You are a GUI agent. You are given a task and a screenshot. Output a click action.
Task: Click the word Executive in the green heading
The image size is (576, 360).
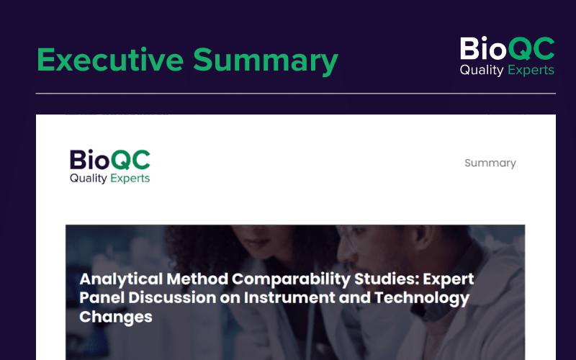coord(110,60)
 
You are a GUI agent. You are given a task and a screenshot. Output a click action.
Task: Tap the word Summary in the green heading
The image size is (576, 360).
coord(266,61)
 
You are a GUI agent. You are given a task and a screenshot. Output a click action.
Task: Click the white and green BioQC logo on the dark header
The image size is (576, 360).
coord(508,56)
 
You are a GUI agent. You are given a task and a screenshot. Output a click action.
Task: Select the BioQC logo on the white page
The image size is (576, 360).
coord(110,166)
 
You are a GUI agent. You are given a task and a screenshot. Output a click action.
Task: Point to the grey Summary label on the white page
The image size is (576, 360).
coord(490,163)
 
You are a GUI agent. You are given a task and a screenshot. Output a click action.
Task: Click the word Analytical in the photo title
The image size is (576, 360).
coord(121,279)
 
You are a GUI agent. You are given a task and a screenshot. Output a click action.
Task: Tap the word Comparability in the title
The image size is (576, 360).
coord(292,279)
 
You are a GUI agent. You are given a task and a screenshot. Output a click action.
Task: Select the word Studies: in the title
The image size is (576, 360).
coord(387,279)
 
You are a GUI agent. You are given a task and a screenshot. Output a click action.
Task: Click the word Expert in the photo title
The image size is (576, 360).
coord(449,279)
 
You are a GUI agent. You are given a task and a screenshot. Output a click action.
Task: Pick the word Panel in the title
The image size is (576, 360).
coord(102,297)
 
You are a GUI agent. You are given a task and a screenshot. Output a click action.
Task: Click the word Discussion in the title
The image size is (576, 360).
coord(172,297)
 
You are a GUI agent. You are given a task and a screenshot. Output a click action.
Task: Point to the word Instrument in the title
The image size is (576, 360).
coord(289,297)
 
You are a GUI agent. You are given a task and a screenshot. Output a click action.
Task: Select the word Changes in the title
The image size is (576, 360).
coord(116,317)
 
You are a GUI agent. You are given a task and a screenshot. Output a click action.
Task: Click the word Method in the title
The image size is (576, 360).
coord(197,279)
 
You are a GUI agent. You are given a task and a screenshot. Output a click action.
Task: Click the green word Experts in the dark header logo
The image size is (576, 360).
coord(531,70)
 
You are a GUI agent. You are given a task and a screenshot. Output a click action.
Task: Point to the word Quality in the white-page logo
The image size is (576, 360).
coord(88,179)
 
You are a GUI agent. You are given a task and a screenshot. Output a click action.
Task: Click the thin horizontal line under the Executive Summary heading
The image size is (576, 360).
coord(296,94)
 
